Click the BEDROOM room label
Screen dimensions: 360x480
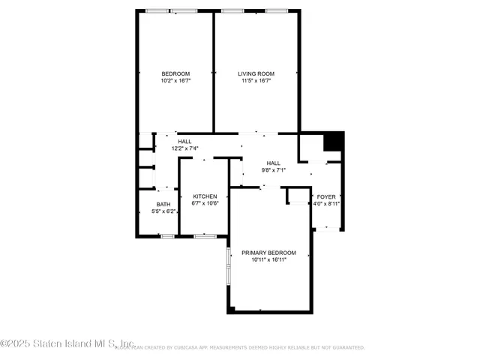point(175,73)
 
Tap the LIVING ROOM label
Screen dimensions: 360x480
point(256,73)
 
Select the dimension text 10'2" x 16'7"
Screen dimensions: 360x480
point(175,81)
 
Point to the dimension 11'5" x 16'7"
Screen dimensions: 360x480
point(256,81)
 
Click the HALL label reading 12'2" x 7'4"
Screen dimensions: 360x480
point(184,142)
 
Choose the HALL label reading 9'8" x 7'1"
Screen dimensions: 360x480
point(273,163)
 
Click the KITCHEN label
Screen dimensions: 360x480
point(205,196)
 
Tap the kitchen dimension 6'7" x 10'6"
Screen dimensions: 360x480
point(205,204)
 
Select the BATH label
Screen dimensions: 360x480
point(163,205)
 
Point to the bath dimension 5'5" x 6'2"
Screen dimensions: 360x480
point(163,212)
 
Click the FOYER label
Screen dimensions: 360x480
point(326,196)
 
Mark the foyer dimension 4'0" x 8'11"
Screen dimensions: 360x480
point(326,204)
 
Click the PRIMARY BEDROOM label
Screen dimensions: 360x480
point(268,253)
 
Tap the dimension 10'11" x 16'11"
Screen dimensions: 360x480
point(268,260)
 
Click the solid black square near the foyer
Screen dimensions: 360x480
point(332,141)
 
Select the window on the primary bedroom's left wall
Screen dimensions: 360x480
point(229,260)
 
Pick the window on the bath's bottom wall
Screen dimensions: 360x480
point(167,236)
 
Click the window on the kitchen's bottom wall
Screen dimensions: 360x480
point(205,236)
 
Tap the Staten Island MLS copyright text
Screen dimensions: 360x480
point(67,343)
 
